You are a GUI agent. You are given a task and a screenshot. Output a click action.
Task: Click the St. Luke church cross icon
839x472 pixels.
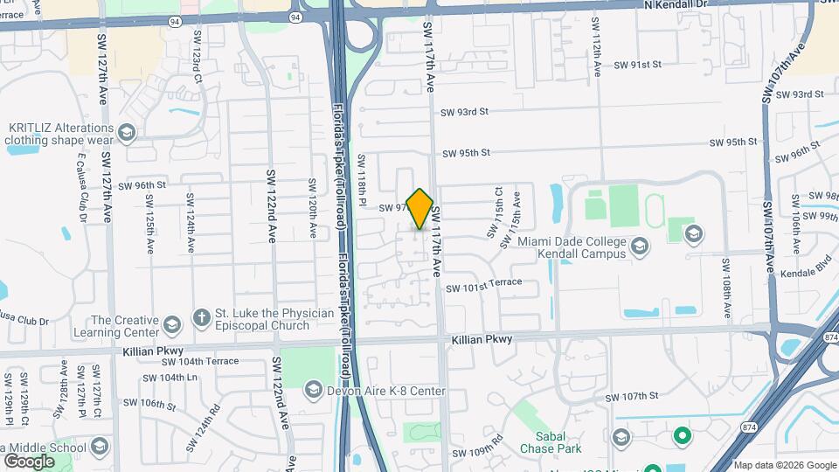[x=200, y=318]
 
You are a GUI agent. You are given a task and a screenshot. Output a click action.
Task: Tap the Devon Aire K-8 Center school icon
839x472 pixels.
[x=313, y=388]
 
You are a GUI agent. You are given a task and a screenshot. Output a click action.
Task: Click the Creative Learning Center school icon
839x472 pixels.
[x=171, y=326]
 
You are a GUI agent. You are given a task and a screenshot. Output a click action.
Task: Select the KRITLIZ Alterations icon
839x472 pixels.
[x=127, y=133]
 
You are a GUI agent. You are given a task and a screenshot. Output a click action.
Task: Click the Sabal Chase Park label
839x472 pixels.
[x=556, y=441]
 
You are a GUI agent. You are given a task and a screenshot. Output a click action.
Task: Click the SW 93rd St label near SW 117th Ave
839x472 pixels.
[x=464, y=112]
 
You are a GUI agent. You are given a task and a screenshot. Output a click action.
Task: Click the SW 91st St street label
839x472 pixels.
[x=638, y=65]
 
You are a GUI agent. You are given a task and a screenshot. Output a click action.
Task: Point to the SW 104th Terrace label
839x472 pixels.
[x=198, y=361]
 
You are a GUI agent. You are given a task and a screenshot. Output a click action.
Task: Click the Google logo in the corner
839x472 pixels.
[x=29, y=462]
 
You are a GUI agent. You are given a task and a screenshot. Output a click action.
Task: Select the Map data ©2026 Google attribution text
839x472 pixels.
[x=784, y=465]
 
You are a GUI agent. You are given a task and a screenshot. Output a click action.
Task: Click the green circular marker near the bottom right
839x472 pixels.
[x=682, y=434]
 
